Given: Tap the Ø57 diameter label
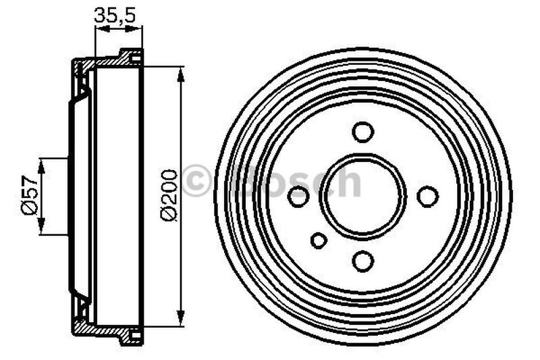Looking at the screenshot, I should tap(28, 196).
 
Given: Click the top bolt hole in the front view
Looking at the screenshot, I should tap(362, 132).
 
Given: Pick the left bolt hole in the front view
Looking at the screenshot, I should tap(298, 197).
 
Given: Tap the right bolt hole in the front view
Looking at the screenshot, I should tap(427, 197).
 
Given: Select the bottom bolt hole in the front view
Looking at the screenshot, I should tap(362, 261).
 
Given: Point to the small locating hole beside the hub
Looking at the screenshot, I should tap(319, 240).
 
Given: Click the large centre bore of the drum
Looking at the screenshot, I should tap(362, 197).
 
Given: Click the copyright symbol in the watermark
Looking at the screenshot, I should tap(196, 182).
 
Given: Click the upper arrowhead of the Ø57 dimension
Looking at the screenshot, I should tap(42, 164).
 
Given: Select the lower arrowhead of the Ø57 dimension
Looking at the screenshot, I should tap(42, 228).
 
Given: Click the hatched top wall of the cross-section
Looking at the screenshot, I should tap(101, 62).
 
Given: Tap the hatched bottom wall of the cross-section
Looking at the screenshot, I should tap(101, 330).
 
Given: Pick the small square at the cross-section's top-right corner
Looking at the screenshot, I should tap(136, 58).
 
